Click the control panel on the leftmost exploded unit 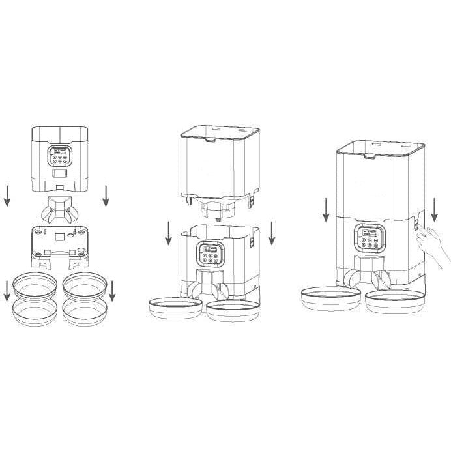(59, 158)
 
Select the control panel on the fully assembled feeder (368, 238)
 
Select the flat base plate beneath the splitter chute (59, 246)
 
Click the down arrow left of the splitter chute (7, 195)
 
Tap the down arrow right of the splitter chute (106, 195)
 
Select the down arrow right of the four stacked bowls (112, 291)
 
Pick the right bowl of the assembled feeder (394, 300)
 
